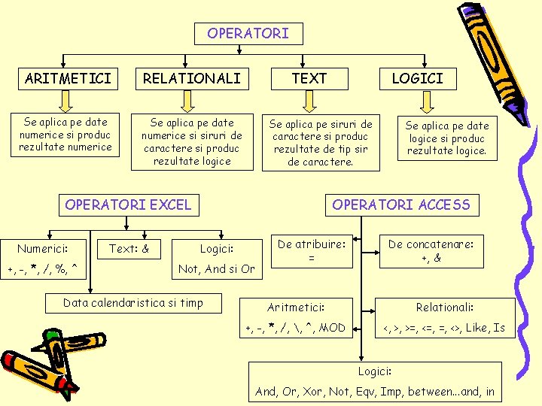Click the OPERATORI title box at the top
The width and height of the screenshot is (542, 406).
tap(248, 33)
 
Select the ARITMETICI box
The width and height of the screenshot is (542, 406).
tap(68, 78)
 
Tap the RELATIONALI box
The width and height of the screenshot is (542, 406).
tap(192, 78)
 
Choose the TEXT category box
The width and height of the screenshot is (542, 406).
tap(309, 78)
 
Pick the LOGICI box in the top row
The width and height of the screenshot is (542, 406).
tap(417, 78)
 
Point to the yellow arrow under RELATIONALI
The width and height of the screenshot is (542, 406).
tap(191, 101)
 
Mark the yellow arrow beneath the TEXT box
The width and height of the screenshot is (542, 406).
tap(309, 101)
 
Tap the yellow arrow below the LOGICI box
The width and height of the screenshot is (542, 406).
tap(416, 101)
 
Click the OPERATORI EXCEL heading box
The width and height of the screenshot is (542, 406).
tap(128, 205)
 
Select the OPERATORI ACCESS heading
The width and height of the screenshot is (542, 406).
tap(401, 205)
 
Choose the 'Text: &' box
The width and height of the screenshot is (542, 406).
tap(129, 248)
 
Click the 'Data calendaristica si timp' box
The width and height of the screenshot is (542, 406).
tap(133, 303)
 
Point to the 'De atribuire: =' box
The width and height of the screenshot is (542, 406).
tap(311, 251)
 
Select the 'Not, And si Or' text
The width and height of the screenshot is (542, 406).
tap(216, 269)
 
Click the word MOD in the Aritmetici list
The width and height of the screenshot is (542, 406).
tap(332, 328)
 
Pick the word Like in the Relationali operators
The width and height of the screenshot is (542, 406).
tap(477, 328)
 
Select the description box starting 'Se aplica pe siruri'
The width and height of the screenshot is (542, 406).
tap(321, 142)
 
